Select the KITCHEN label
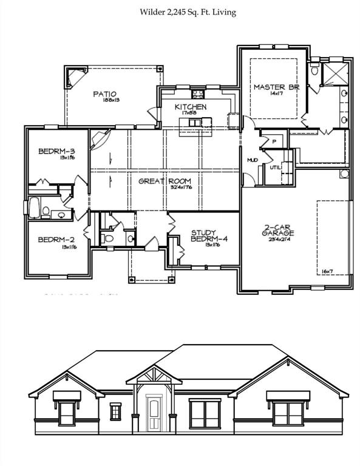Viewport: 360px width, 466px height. click(191, 107)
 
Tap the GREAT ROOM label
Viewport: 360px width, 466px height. click(165, 181)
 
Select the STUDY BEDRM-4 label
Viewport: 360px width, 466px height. click(208, 236)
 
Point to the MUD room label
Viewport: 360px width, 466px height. click(252, 160)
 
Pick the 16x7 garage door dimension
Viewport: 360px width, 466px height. click(328, 271)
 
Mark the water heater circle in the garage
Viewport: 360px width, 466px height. click(344, 174)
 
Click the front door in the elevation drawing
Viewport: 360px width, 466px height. click(155, 412)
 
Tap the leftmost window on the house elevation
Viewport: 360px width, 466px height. click(67, 413)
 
